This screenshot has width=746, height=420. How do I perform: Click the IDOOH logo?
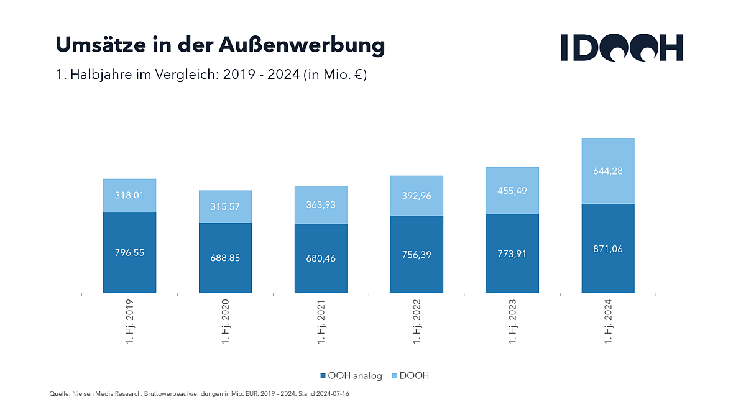click(621, 47)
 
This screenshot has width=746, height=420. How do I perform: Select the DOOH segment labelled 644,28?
click(608, 171)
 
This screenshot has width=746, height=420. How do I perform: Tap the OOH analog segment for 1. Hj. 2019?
click(129, 252)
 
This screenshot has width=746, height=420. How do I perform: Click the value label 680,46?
click(321, 258)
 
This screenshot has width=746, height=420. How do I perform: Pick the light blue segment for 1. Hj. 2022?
click(417, 196)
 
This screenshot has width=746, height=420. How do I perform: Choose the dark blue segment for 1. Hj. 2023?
click(512, 253)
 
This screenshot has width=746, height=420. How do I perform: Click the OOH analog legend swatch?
click(323, 376)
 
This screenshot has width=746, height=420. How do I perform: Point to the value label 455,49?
click(512, 191)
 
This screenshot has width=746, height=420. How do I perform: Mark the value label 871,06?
click(608, 249)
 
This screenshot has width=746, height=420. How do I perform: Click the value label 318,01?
click(129, 195)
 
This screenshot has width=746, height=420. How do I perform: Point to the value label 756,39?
click(417, 254)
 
